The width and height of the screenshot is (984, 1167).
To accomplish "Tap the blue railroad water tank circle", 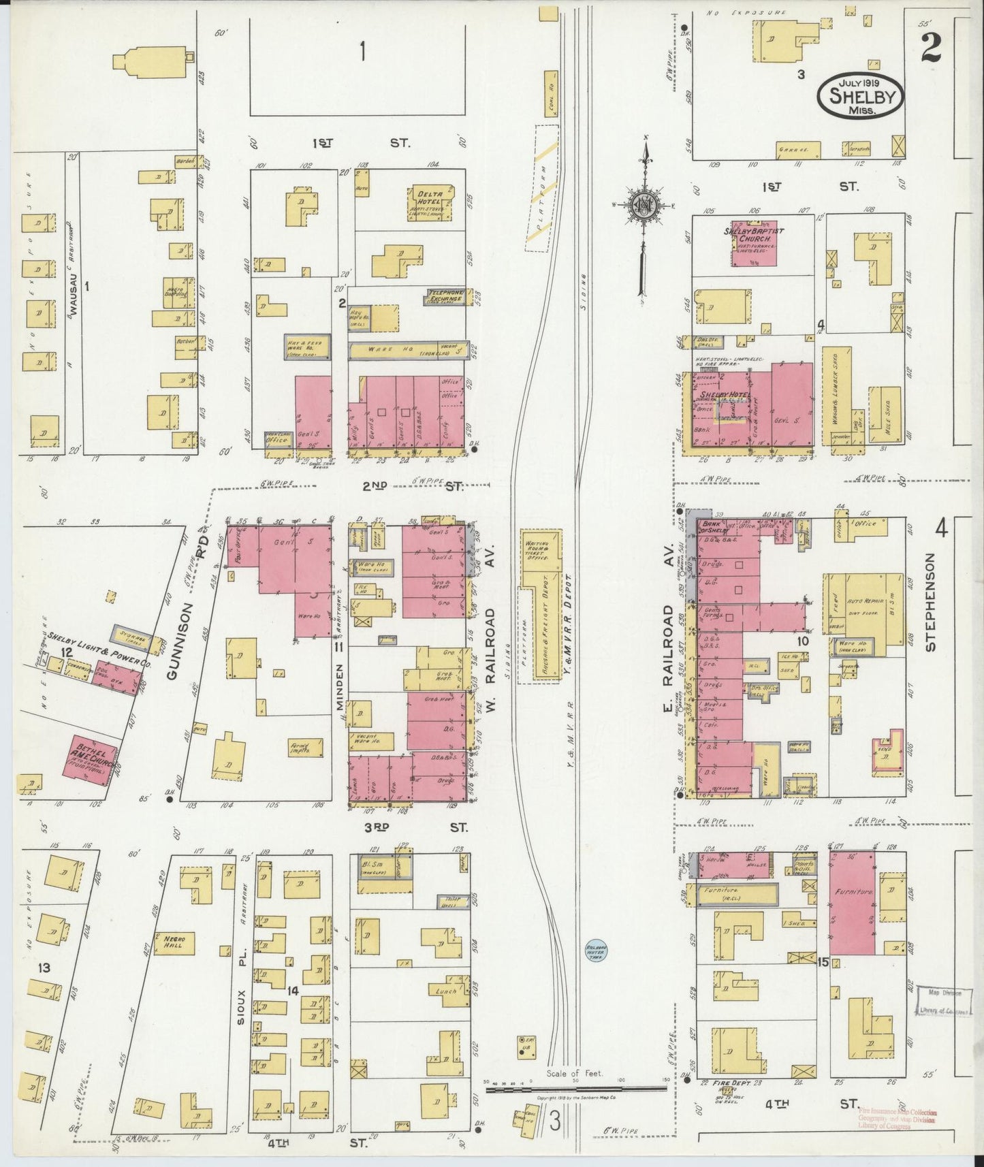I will [x=596, y=950].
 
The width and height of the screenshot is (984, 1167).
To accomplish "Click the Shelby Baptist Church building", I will [x=753, y=242].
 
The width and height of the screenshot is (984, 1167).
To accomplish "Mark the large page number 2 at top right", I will [x=930, y=48].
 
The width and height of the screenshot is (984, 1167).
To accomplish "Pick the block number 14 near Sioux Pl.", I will [x=293, y=990].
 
